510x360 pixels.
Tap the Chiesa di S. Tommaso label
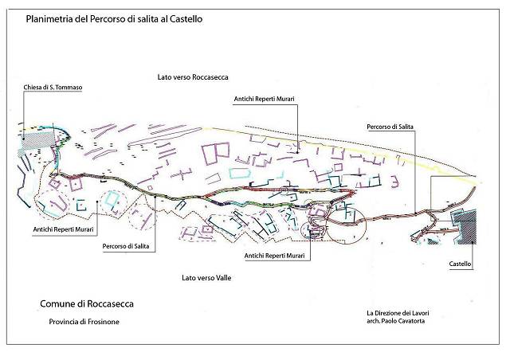(x=53, y=87)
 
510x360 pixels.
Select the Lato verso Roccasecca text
(x=193, y=77)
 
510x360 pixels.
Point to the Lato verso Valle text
(x=206, y=278)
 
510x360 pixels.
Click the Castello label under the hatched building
(x=460, y=264)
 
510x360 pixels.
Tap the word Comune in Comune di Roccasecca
(x=57, y=303)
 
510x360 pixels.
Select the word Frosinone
(x=104, y=322)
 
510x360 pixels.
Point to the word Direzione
(x=390, y=313)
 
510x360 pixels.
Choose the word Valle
(x=224, y=278)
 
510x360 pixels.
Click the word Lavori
(x=421, y=313)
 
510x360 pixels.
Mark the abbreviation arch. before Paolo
(x=373, y=321)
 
